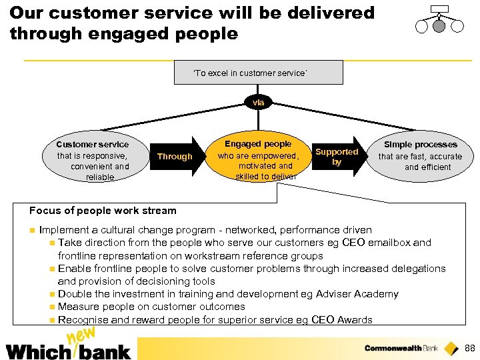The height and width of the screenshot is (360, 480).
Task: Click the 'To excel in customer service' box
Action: pos(258,73)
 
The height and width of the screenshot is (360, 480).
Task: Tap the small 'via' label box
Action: pos(258,103)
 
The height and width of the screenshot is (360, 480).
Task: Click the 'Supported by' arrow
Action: pos(337,157)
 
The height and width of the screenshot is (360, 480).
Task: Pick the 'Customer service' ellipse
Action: pos(93,161)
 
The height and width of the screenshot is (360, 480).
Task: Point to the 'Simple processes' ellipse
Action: pos(420,156)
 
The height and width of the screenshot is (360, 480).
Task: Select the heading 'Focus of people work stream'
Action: pos(103,211)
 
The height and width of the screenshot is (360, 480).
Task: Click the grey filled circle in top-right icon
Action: pos(439,26)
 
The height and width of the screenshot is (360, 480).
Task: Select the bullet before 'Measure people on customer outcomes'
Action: pos(52,307)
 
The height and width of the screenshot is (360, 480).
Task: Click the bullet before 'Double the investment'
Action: pos(52,295)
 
